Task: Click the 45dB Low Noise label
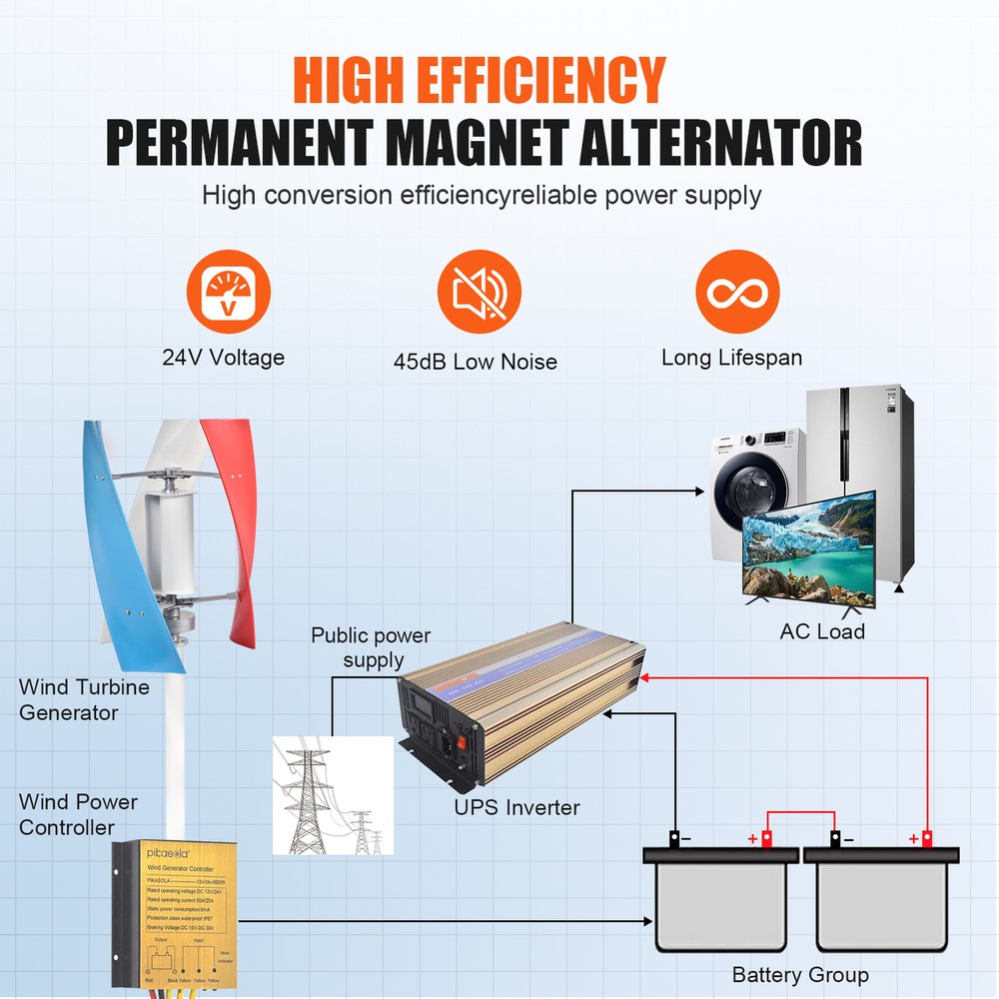pos(476,362)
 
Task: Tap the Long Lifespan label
pos(731,358)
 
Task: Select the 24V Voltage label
pos(224,358)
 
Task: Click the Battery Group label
pos(800,975)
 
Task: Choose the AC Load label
pos(822,631)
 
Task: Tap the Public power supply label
pos(371,647)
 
